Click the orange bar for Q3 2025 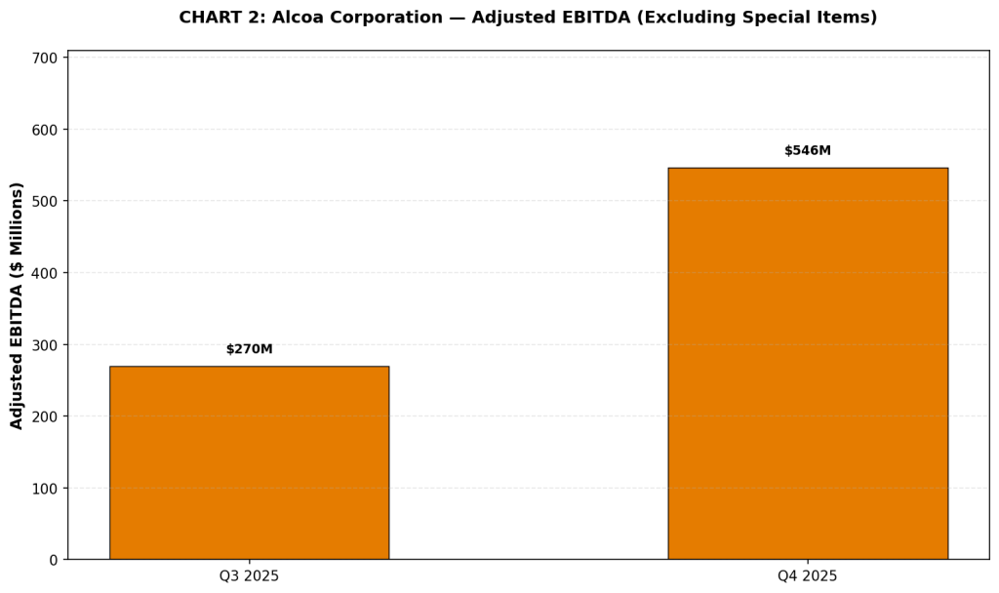tap(249, 462)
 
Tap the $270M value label tap(250, 349)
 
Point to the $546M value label tap(808, 151)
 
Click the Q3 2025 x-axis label tap(249, 576)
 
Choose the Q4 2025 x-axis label tap(807, 576)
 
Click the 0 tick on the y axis tap(54, 560)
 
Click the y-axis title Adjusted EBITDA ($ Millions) tap(17, 305)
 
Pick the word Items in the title tap(851, 18)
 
